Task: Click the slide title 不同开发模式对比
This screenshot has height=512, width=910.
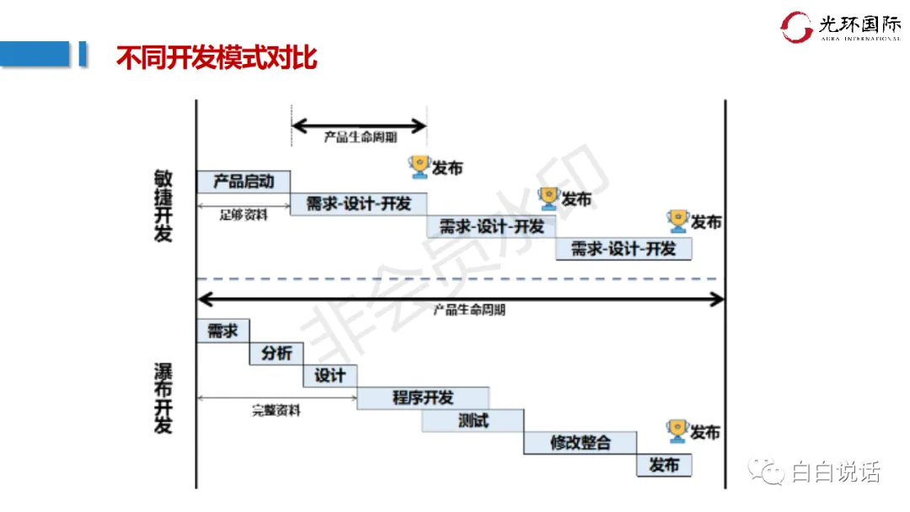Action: point(216,58)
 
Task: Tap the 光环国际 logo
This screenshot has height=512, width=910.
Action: point(839,27)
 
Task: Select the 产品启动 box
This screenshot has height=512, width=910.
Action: point(243,181)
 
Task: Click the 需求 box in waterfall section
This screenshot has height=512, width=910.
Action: point(222,331)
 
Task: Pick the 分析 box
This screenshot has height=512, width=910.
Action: point(276,354)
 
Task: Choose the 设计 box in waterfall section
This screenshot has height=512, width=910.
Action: point(329,376)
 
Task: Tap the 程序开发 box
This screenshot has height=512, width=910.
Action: point(423,398)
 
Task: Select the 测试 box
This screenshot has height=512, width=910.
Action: point(473,420)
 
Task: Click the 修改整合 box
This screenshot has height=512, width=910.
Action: point(580,443)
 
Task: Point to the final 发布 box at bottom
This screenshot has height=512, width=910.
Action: point(664,465)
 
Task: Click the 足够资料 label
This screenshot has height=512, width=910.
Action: point(244,215)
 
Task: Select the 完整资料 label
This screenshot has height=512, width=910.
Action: point(276,411)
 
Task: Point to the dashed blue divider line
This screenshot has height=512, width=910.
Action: point(460,279)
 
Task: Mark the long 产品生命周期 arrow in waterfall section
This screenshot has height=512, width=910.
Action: point(460,298)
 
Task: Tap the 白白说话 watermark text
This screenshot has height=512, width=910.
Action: point(835,472)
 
